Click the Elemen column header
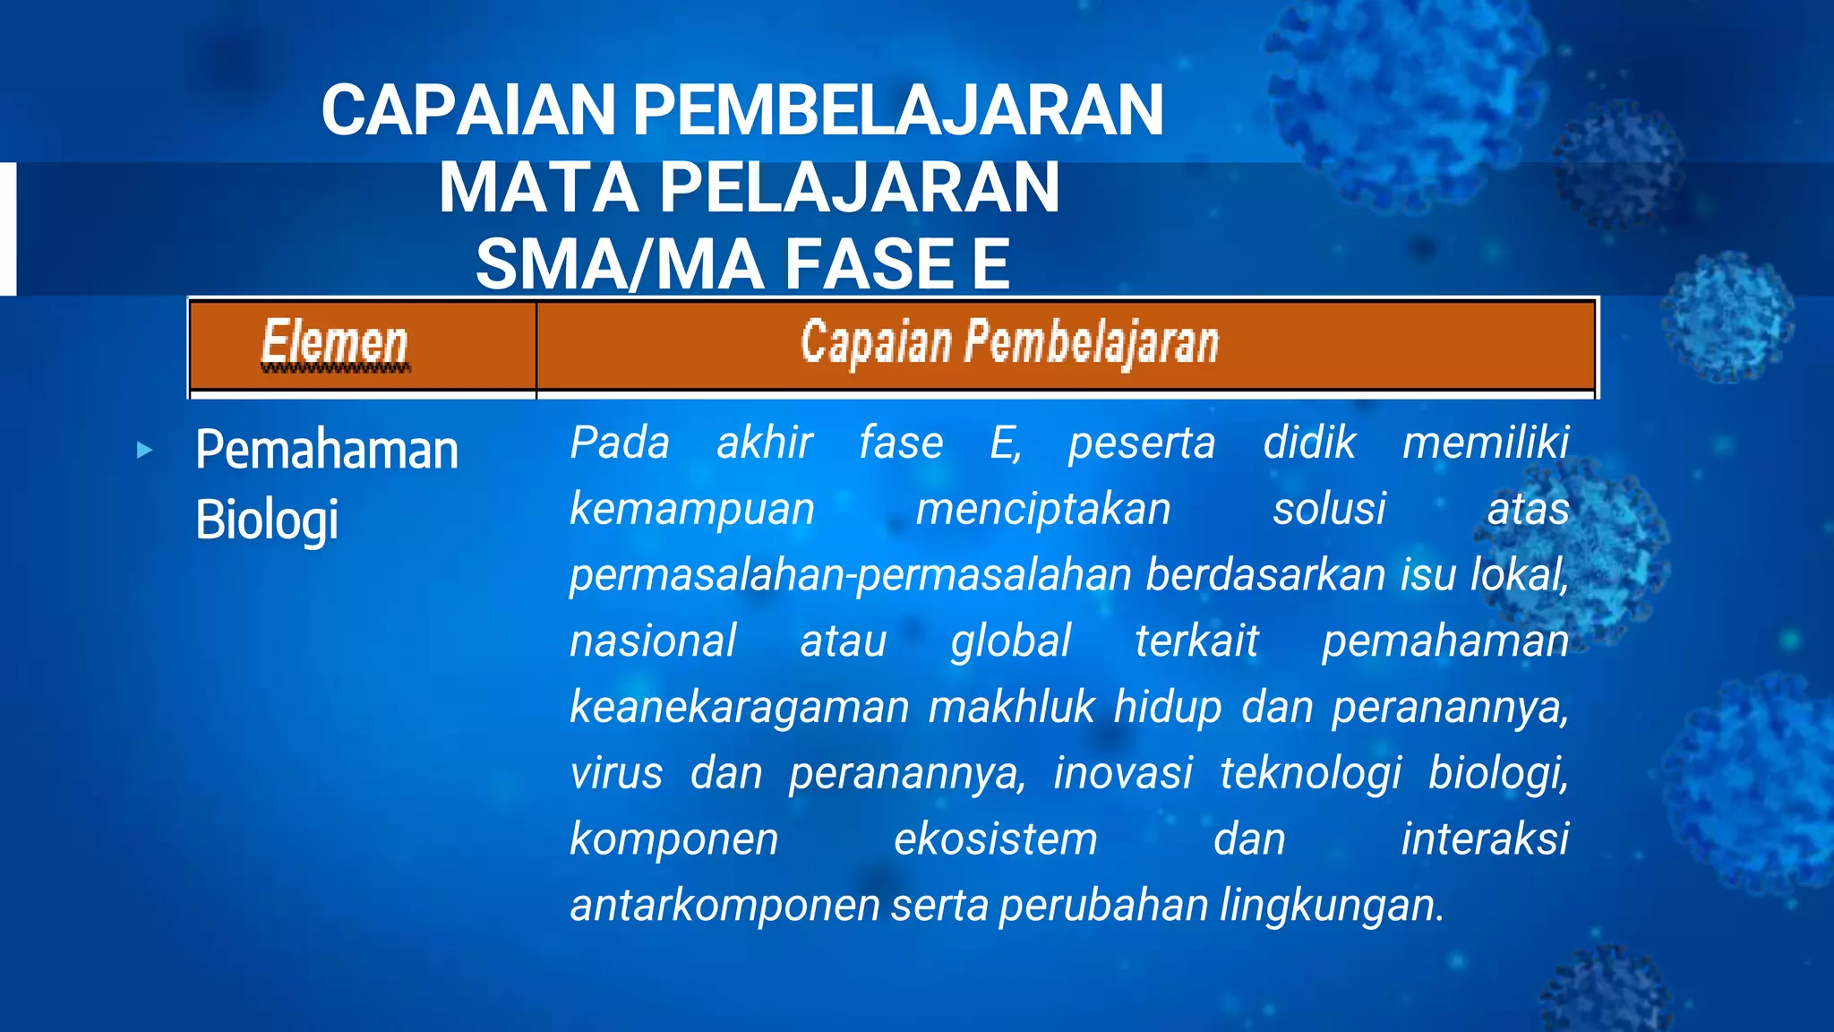[335, 344]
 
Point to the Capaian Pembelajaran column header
[1009, 343]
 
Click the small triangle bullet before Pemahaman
[145, 450]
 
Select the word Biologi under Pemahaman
[267, 520]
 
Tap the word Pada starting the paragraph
[620, 443]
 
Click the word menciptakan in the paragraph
[1043, 510]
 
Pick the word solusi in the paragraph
[1329, 510]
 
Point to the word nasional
[653, 641]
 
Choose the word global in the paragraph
[1010, 641]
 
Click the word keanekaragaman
[740, 708]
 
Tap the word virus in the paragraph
[616, 773]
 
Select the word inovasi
[1123, 773]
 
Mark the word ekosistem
[995, 839]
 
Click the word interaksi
[1485, 839]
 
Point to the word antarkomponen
[724, 906]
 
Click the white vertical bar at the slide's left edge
[8, 228]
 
